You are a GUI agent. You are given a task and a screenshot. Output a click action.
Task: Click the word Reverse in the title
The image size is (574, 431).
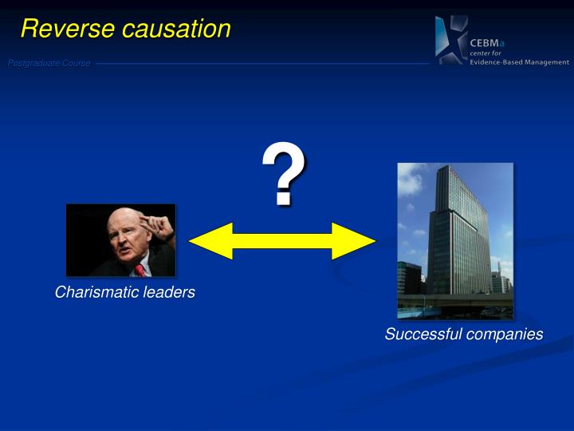(67, 29)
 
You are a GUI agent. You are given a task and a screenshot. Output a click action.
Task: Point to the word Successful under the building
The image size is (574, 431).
(422, 334)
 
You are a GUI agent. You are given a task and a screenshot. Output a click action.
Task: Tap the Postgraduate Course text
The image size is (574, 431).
(49, 63)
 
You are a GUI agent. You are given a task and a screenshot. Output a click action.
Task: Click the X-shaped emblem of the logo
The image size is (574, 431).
(450, 40)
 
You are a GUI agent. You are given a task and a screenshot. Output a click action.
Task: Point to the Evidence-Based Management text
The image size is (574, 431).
(519, 62)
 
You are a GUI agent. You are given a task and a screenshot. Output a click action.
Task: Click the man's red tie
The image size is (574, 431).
(140, 269)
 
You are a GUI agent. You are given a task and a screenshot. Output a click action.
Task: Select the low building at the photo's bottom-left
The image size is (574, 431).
(410, 279)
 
